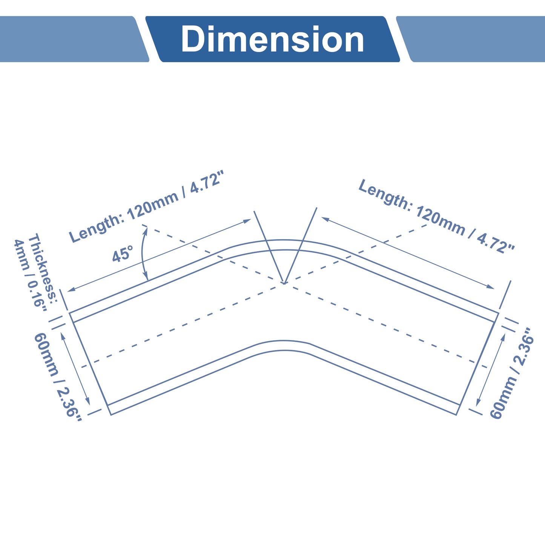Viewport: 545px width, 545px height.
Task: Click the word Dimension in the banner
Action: click(x=272, y=39)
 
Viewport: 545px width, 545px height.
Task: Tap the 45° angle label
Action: click(x=123, y=254)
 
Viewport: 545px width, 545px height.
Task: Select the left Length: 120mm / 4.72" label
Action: click(x=146, y=207)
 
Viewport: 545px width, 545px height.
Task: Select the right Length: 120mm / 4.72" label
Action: click(x=436, y=216)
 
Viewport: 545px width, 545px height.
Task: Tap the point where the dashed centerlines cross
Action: click(x=284, y=283)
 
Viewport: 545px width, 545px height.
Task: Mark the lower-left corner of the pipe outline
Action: click(x=111, y=415)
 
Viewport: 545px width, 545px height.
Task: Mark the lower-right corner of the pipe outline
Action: click(x=456, y=415)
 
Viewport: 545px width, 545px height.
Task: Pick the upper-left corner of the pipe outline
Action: click(x=69, y=313)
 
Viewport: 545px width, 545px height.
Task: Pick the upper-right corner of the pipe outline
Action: click(x=498, y=313)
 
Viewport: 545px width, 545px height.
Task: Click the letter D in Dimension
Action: click(x=193, y=39)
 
